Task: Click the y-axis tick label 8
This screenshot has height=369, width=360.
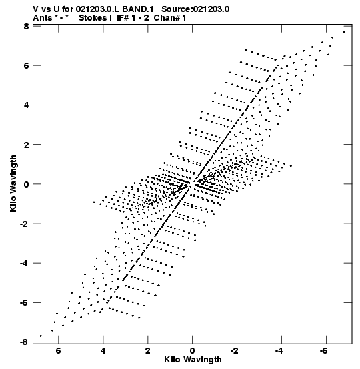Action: pos(26,26)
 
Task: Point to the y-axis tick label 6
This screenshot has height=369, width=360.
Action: pos(26,65)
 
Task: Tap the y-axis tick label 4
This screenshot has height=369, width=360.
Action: pos(26,105)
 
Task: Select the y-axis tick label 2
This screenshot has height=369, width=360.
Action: pos(26,145)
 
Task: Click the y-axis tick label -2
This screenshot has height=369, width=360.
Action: pos(24,224)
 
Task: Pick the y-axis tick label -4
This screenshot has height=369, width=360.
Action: pos(24,264)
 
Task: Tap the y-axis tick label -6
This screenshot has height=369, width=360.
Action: pos(24,303)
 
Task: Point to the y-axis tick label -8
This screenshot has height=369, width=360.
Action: pos(24,342)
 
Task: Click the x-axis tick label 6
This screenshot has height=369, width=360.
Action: pos(58,351)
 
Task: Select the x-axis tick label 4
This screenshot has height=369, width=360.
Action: pos(103,351)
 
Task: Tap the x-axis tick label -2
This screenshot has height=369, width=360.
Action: pos(235,351)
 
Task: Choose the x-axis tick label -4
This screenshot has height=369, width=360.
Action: pos(279,351)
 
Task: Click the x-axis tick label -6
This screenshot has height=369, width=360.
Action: pos(324,351)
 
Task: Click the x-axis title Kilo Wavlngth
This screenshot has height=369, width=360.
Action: pos(193,360)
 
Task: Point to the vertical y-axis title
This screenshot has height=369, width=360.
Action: pos(13,183)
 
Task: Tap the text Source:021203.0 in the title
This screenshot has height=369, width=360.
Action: pos(195,9)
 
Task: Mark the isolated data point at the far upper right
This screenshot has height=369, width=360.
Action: pos(344,32)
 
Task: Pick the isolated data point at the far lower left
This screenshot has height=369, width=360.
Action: pos(41,336)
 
